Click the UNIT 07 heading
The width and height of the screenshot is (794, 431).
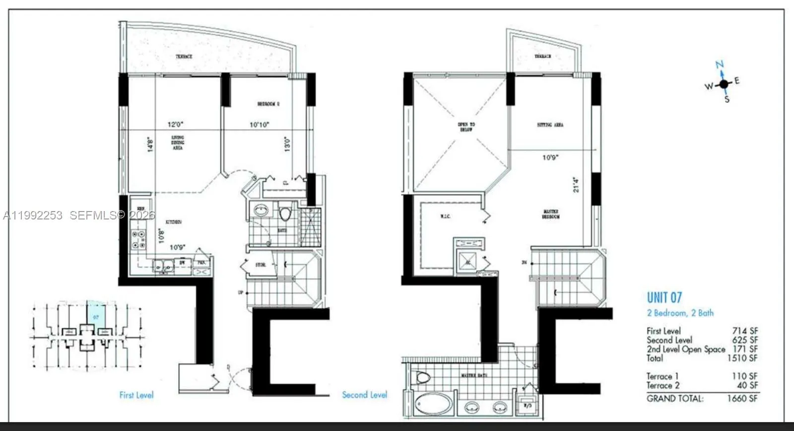(x=664, y=297)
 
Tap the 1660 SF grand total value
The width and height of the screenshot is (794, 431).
(x=742, y=398)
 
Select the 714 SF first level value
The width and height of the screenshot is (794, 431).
(x=745, y=331)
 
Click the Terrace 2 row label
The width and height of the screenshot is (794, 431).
(x=663, y=385)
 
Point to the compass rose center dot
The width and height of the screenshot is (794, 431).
(x=724, y=84)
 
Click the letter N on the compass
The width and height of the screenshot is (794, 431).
(x=720, y=65)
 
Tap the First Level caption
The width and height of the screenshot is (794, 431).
(x=136, y=395)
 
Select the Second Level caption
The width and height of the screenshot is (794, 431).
(x=364, y=395)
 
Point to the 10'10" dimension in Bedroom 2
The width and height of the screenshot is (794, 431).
(x=259, y=125)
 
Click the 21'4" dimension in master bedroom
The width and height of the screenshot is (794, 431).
(x=576, y=185)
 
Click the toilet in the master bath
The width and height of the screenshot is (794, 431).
(x=422, y=377)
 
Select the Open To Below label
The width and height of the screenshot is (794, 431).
(x=466, y=127)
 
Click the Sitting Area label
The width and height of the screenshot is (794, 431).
(x=550, y=125)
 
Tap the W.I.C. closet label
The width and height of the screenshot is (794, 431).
(x=445, y=216)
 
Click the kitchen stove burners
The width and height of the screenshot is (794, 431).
(x=138, y=239)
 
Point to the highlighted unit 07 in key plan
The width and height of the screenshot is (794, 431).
(x=95, y=313)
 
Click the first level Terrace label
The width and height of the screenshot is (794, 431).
(x=184, y=57)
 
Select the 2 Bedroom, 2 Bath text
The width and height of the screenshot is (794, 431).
(x=680, y=313)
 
